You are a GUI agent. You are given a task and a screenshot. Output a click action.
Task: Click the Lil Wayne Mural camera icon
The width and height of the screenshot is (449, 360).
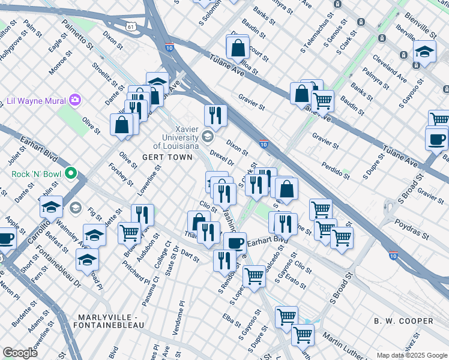pos(74,100)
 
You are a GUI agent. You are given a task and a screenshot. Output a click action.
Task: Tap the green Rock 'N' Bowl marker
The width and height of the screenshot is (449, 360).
pos(71,175)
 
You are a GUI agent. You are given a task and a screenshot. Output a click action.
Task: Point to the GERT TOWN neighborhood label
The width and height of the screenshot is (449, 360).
pos(167,157)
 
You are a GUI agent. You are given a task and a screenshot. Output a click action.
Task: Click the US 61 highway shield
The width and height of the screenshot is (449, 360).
pos(131,26)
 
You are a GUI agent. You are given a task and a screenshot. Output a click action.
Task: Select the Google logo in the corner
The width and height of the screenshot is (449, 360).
pos(20,353)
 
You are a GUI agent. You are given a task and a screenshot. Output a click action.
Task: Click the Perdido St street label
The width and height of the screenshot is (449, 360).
pos(336,170)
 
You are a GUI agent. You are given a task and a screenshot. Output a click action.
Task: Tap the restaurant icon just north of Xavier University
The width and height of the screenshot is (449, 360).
pos(215,115)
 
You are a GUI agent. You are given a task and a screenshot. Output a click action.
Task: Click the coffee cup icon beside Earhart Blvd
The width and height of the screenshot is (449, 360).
pos(235,243)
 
